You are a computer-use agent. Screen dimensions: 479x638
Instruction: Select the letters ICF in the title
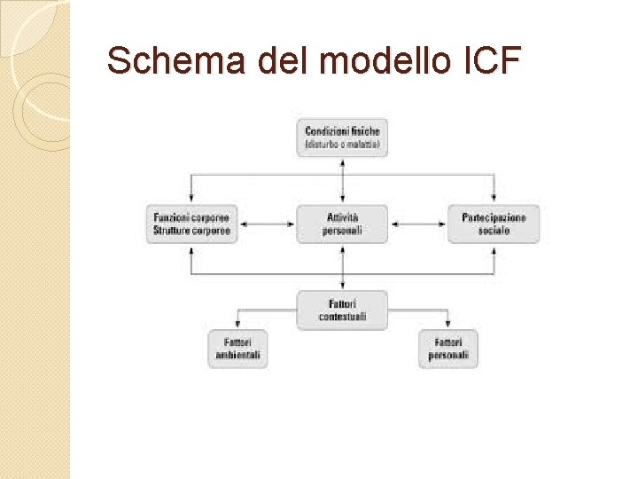click(x=491, y=60)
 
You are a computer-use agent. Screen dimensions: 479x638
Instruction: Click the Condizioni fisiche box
click(x=342, y=137)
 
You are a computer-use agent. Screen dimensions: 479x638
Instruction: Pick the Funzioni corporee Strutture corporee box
click(x=192, y=224)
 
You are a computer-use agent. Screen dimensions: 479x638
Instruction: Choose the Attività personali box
click(x=342, y=224)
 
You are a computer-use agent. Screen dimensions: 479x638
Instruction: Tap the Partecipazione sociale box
click(x=494, y=224)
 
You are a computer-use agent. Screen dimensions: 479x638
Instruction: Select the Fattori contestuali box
click(x=342, y=310)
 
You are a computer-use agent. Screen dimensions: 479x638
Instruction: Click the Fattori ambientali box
click(x=237, y=349)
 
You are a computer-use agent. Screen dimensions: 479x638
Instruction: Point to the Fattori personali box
click(x=448, y=349)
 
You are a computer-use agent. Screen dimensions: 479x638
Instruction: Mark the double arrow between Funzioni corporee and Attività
click(x=267, y=224)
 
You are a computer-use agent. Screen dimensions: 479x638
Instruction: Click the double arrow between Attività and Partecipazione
click(x=418, y=224)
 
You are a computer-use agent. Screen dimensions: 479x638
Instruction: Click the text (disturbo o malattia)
click(x=342, y=144)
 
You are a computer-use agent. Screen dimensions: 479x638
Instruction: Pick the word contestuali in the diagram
click(x=342, y=317)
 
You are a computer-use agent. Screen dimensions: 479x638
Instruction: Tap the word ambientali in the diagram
click(x=237, y=356)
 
